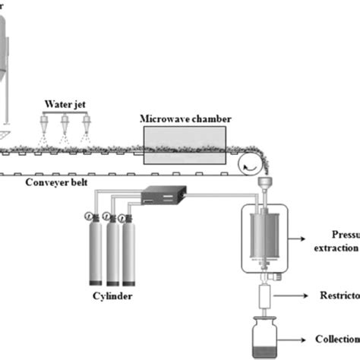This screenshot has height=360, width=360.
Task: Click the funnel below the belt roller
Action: (264, 184)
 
